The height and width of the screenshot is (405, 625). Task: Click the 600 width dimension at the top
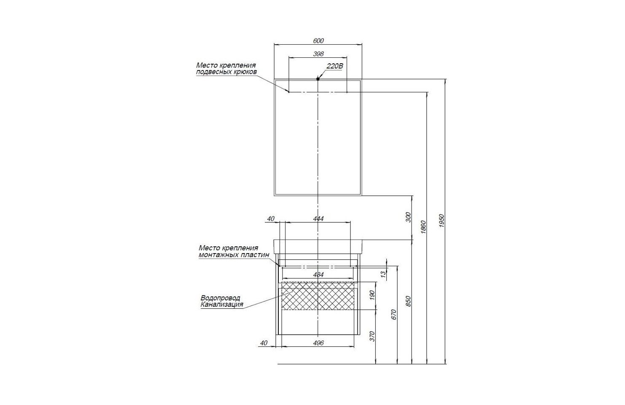pyautogui.click(x=318, y=41)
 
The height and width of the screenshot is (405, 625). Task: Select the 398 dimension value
pyautogui.click(x=318, y=54)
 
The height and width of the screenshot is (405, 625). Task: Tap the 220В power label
pyautogui.click(x=334, y=66)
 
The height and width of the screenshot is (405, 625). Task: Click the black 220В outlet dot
pyautogui.click(x=318, y=79)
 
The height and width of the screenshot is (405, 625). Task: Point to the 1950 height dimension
pyautogui.click(x=442, y=221)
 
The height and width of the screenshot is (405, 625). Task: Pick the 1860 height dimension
pyautogui.click(x=423, y=227)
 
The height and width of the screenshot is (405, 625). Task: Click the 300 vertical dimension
pyautogui.click(x=408, y=217)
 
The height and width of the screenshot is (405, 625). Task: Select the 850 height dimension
pyautogui.click(x=408, y=301)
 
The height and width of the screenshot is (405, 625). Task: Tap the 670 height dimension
pyautogui.click(x=394, y=315)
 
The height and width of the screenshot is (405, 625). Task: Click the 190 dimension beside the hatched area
pyautogui.click(x=372, y=295)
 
